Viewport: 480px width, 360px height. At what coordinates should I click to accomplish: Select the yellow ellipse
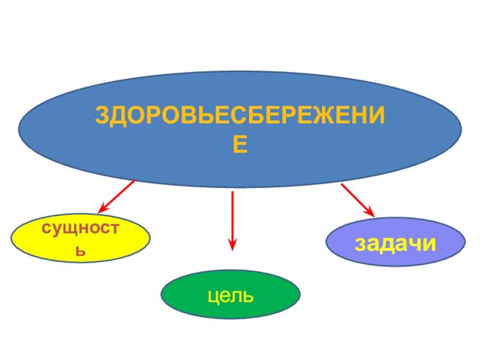click(81, 239)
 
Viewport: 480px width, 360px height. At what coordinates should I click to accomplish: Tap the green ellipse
click(231, 294)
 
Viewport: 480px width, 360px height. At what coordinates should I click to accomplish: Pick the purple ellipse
click(395, 244)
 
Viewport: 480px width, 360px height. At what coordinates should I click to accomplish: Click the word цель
click(231, 295)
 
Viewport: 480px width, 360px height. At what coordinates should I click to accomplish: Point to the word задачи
click(395, 244)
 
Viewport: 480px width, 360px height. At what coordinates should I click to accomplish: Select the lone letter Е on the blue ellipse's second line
click(241, 145)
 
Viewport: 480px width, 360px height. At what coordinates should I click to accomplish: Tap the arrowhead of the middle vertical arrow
click(232, 244)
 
